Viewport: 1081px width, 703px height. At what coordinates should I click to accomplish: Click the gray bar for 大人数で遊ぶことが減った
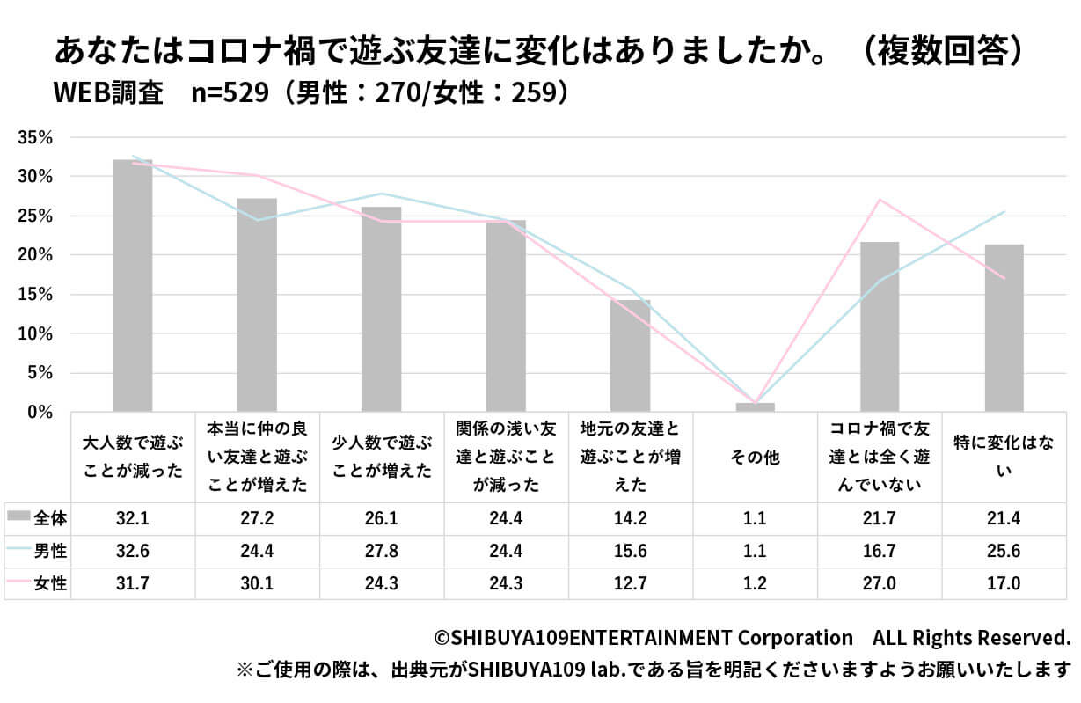coord(132,286)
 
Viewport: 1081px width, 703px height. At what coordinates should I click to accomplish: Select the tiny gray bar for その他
coord(755,407)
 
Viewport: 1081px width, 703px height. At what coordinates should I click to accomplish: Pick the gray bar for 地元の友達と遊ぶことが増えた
coord(631,355)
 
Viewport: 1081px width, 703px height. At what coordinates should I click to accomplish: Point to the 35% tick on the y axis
coord(36,137)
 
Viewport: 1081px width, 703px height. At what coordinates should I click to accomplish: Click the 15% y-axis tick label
coord(36,295)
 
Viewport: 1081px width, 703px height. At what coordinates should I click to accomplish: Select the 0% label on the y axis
coord(40,413)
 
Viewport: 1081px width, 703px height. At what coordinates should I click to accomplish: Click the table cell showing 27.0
coord(879,583)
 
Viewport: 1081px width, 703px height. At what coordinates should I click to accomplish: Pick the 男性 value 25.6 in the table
coord(1004,551)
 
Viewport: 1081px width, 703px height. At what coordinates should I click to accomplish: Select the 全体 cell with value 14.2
coord(631,518)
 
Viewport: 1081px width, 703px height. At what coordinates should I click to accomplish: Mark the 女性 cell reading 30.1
coord(257,583)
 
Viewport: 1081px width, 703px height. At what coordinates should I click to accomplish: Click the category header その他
coord(755,458)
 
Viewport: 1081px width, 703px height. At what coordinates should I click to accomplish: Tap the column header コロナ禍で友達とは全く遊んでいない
coord(879,457)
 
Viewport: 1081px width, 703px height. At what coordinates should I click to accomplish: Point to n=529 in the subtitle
coord(229,93)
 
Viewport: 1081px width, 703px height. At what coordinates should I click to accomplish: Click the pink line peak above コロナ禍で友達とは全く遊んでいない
coord(880,200)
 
